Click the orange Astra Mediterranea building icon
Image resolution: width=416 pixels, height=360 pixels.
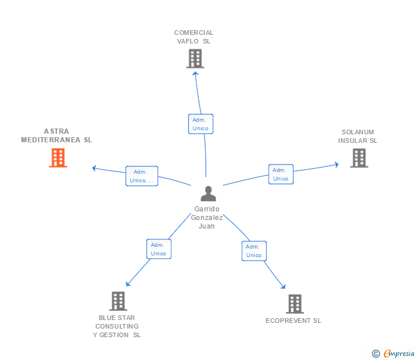click(x=58, y=158)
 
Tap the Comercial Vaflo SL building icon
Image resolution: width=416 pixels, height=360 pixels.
click(x=195, y=58)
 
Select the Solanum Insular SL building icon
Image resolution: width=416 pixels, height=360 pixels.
click(x=359, y=158)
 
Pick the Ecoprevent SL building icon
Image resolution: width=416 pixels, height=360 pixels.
click(x=294, y=304)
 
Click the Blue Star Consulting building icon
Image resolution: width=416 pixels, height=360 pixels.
click(x=118, y=301)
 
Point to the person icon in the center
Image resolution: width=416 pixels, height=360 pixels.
click(x=208, y=194)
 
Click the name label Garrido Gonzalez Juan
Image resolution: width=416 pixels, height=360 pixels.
click(x=207, y=218)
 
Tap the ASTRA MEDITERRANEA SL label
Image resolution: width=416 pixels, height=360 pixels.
click(x=57, y=135)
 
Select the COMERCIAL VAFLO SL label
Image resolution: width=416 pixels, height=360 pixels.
click(x=194, y=37)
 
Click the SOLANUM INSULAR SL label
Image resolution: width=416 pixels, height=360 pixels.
click(x=358, y=136)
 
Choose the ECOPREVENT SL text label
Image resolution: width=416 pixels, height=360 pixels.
click(x=293, y=321)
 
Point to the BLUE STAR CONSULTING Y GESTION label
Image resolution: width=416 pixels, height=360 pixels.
click(x=117, y=326)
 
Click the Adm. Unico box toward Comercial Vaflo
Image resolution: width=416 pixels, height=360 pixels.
click(x=200, y=124)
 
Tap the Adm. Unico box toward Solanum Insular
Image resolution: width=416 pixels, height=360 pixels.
click(x=281, y=174)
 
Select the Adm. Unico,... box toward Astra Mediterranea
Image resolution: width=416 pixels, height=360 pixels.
click(x=142, y=176)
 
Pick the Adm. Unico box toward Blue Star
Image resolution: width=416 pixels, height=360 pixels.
click(x=158, y=249)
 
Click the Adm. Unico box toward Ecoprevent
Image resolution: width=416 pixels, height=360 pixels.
click(x=254, y=251)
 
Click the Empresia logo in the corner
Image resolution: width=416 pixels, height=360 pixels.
click(x=399, y=354)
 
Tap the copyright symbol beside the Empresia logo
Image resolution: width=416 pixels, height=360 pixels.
click(x=375, y=354)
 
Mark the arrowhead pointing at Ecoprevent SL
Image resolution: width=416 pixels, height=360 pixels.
click(x=283, y=287)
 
